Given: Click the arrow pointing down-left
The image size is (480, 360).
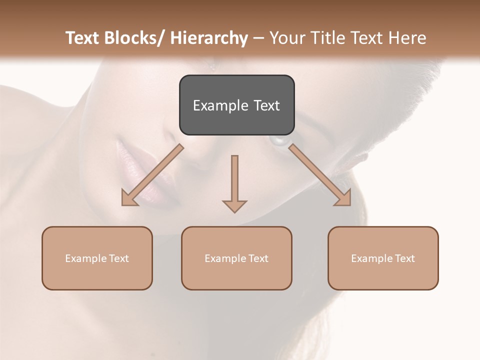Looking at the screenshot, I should pos(152,175).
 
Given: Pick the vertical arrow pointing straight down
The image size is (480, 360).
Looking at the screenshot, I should pos(234,182).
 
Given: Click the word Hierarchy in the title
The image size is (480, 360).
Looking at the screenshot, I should pos(209,38).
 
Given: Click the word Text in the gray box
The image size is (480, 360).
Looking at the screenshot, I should pos(266,105).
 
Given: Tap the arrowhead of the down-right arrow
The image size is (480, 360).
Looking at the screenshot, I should pos(343,198).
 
